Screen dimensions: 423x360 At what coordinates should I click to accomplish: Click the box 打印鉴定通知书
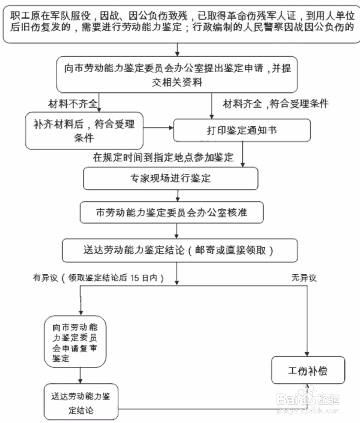[242, 130]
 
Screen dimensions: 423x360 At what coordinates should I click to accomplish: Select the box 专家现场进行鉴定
[171, 178]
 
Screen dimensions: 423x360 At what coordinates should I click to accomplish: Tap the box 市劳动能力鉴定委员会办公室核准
[172, 213]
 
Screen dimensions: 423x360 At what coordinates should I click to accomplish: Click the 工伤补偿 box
[308, 371]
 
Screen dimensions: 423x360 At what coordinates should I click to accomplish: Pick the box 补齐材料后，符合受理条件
[84, 131]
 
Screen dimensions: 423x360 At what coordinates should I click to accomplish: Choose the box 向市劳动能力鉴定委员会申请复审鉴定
[75, 342]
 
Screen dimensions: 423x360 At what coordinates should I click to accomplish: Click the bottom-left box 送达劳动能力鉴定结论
[81, 402]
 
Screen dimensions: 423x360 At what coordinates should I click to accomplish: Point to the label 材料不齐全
[73, 104]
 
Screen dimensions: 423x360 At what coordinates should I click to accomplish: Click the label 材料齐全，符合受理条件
[276, 104]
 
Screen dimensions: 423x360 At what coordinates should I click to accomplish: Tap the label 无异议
[304, 278]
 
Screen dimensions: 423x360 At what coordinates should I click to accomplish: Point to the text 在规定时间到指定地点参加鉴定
[163, 157]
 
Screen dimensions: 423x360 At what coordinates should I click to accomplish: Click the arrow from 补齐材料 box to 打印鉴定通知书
[158, 128]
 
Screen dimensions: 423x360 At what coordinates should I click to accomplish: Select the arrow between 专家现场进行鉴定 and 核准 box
[178, 196]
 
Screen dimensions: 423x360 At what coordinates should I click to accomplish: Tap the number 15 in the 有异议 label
[135, 278]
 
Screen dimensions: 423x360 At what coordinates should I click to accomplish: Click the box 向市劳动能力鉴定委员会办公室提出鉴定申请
[177, 75]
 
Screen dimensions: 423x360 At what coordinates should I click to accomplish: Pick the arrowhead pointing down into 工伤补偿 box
[307, 353]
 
